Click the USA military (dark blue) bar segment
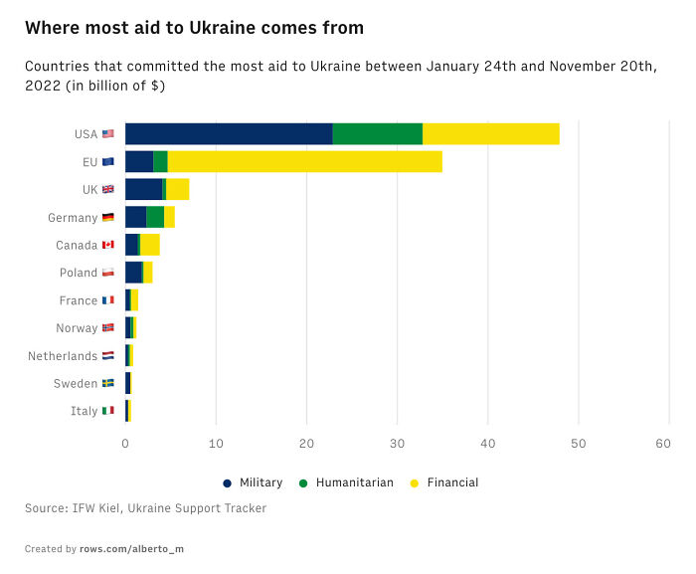(x=229, y=134)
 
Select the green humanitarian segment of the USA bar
(x=377, y=134)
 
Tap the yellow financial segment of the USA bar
(x=491, y=134)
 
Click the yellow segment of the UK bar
(x=177, y=190)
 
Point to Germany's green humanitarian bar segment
(x=155, y=217)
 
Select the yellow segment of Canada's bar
(x=150, y=245)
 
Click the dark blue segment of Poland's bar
(x=133, y=273)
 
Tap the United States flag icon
(x=108, y=134)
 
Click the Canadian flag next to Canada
(x=108, y=245)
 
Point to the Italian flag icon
(x=108, y=411)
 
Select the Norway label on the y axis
(x=77, y=328)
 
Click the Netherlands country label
(x=63, y=356)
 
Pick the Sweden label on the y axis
(x=76, y=384)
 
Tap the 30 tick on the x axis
(x=397, y=445)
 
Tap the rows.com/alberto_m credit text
(x=131, y=549)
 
